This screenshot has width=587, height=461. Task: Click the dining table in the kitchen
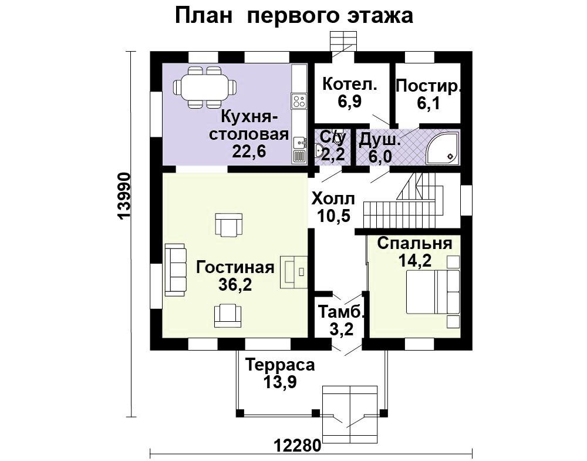tap(205, 87)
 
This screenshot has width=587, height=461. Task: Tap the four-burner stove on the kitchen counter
tap(299, 101)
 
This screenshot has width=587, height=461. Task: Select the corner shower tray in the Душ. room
tap(443, 148)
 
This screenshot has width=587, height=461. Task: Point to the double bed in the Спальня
tap(433, 292)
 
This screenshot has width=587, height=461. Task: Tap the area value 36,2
tap(235, 285)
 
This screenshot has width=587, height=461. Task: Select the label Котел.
tap(350, 84)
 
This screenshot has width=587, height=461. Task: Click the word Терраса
tap(280, 365)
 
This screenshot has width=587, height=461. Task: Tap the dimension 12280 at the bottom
tap(298, 446)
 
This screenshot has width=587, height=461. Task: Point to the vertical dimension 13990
tap(123, 196)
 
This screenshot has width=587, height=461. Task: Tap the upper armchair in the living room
tap(229, 225)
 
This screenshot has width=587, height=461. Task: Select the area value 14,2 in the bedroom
tap(415, 260)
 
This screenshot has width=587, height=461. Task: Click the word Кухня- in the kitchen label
tap(249, 117)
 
